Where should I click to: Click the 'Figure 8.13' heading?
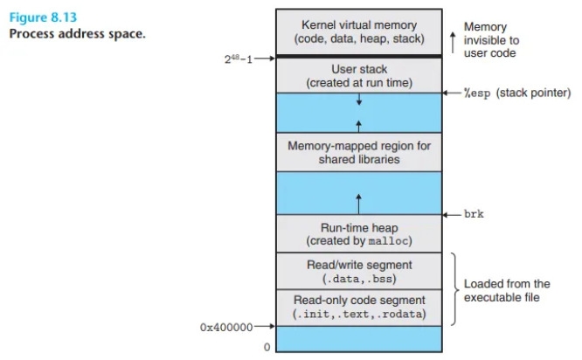(x=43, y=17)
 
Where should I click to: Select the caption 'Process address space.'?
(x=77, y=34)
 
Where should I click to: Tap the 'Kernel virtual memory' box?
(x=359, y=32)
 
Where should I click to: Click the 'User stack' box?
(x=359, y=75)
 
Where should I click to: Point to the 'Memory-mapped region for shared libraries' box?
(x=359, y=152)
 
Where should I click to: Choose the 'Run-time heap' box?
(x=359, y=234)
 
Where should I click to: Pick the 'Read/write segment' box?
(x=359, y=271)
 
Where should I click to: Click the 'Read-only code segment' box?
(x=359, y=308)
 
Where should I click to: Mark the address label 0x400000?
(x=226, y=327)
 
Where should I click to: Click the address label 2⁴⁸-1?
(x=239, y=59)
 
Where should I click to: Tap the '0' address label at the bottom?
(x=267, y=347)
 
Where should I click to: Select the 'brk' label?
(x=474, y=214)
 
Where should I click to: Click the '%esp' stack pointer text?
(x=477, y=93)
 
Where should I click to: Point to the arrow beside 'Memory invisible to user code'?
(x=453, y=42)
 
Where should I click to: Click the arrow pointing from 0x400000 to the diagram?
(x=265, y=326)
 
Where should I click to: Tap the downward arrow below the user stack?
(x=359, y=99)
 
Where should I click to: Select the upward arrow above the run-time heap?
(x=358, y=204)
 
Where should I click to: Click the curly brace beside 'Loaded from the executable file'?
(x=454, y=289)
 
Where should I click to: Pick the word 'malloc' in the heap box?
(x=388, y=241)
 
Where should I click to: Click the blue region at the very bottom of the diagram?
(x=359, y=339)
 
